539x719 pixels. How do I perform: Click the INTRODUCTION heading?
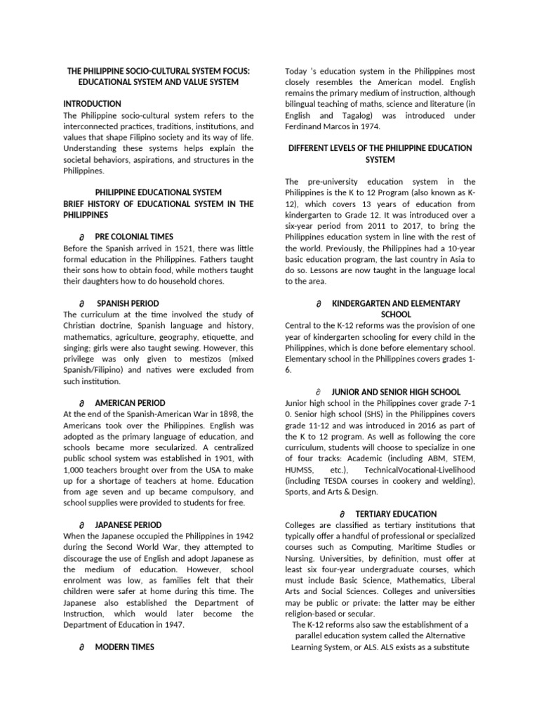[92, 103]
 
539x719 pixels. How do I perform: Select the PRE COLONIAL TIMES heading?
[134, 237]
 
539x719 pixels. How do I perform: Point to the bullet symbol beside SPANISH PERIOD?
[82, 303]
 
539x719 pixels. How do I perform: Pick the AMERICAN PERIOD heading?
[131, 403]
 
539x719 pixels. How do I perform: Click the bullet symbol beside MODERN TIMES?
[82, 648]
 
